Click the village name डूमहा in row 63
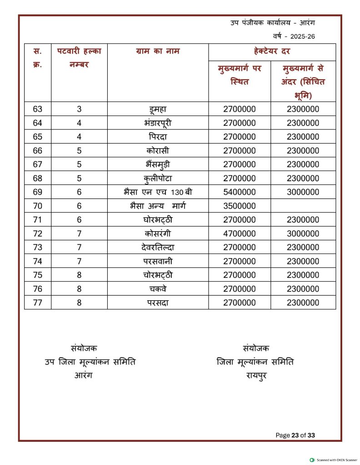pos(158,109)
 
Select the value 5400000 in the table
pos(239,192)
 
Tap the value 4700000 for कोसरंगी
pos(239,234)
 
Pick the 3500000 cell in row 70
pos(239,206)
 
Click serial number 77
pos(38,303)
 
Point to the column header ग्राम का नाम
pos(158,51)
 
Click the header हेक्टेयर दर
pos(272,51)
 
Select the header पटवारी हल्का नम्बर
pos(79,57)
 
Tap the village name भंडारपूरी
pos(158,123)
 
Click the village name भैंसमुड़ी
pos(158,164)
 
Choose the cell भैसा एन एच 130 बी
pos(158,192)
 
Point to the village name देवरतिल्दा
pos(158,247)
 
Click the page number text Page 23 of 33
pos(295,435)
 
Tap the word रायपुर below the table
pos(255,376)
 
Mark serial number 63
pos(38,109)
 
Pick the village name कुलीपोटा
pos(158,178)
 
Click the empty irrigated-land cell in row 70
pos(303,206)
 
